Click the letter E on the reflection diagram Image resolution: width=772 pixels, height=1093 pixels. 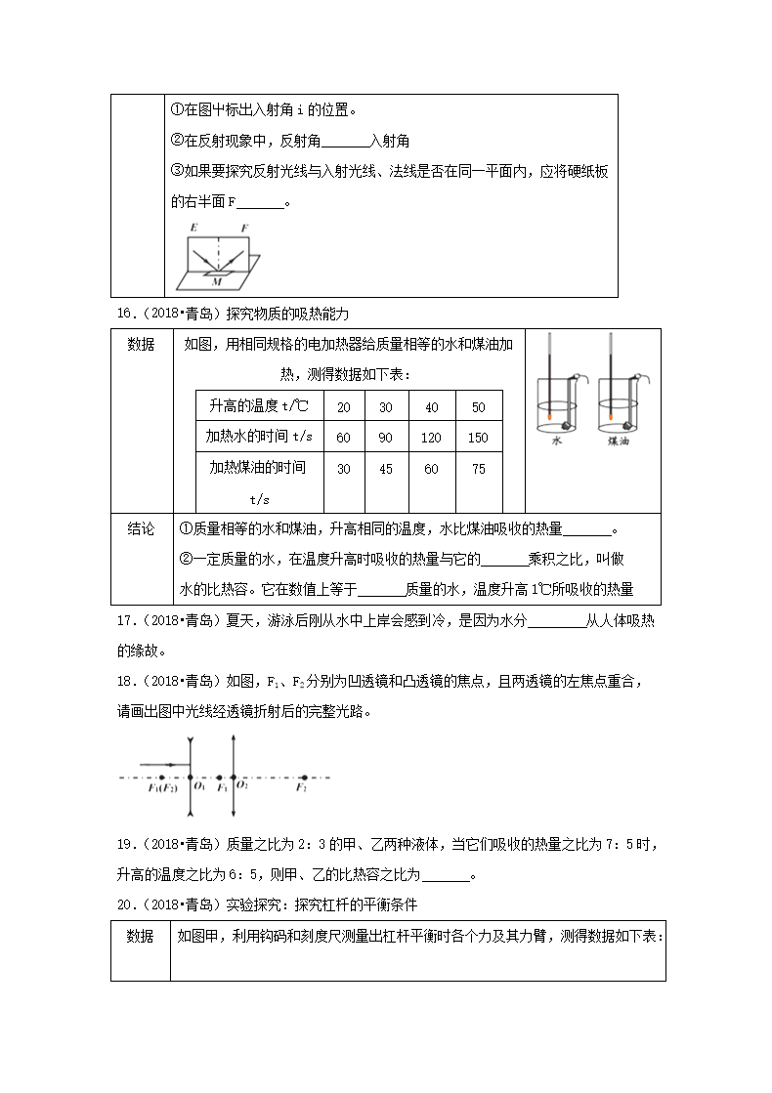coord(193,227)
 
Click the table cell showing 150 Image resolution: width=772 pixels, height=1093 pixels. coord(478,438)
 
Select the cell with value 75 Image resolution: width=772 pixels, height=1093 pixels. coord(478,469)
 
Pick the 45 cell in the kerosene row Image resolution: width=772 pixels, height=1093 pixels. coord(385,469)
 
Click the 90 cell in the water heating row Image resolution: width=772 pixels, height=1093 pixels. coord(385,438)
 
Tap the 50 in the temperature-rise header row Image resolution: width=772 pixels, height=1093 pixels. coord(478,406)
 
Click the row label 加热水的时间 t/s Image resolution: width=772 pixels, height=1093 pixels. coord(258,438)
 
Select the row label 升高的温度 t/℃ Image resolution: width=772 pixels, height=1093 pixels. coord(258,406)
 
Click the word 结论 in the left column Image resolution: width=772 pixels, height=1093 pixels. coord(141,528)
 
